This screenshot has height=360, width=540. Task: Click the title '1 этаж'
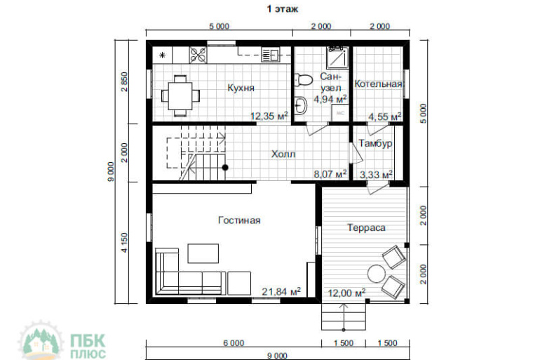(283, 9)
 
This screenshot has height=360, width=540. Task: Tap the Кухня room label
(241, 88)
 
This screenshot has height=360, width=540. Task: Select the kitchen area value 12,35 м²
(269, 116)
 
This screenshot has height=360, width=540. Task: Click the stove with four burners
(198, 55)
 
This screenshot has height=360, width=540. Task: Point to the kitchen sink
(270, 55)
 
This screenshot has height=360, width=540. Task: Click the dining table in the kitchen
(180, 95)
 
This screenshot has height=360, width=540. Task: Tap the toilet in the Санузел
(303, 79)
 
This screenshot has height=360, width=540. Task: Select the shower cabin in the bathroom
(338, 57)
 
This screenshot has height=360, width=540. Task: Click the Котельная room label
(379, 84)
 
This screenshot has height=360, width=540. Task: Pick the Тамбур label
(375, 143)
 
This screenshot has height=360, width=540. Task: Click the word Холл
(283, 154)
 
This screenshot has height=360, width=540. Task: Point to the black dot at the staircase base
(225, 168)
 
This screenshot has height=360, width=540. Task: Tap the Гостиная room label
(239, 220)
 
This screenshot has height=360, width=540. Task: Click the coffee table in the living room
(203, 253)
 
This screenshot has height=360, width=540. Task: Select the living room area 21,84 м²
(281, 292)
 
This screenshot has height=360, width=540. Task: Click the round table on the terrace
(376, 274)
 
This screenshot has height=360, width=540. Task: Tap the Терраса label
(366, 227)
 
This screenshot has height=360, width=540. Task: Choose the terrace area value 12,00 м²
(346, 293)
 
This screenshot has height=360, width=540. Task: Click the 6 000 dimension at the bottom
(234, 342)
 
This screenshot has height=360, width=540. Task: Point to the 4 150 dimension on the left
(124, 243)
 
